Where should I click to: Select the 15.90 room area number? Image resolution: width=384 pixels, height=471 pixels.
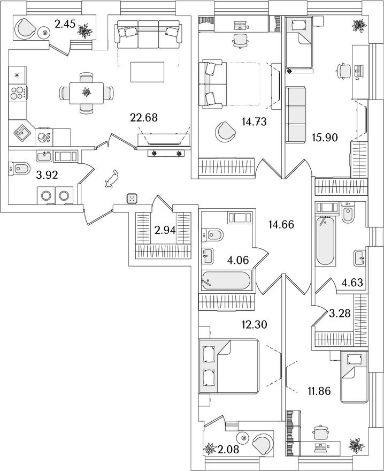tap(325, 138)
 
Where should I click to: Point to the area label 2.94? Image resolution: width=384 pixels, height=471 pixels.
tap(165, 231)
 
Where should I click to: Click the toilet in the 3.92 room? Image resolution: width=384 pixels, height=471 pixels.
tap(20, 169)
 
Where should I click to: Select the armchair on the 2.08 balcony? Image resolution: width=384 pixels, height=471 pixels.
tap(260, 444)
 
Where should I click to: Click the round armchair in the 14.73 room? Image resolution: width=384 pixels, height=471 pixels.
tap(225, 132)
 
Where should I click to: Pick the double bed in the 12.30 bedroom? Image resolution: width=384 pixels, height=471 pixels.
tap(228, 366)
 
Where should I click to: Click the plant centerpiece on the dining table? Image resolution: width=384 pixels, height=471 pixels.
tap(85, 93)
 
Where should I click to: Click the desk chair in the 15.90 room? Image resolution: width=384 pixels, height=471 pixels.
tap(342, 70)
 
